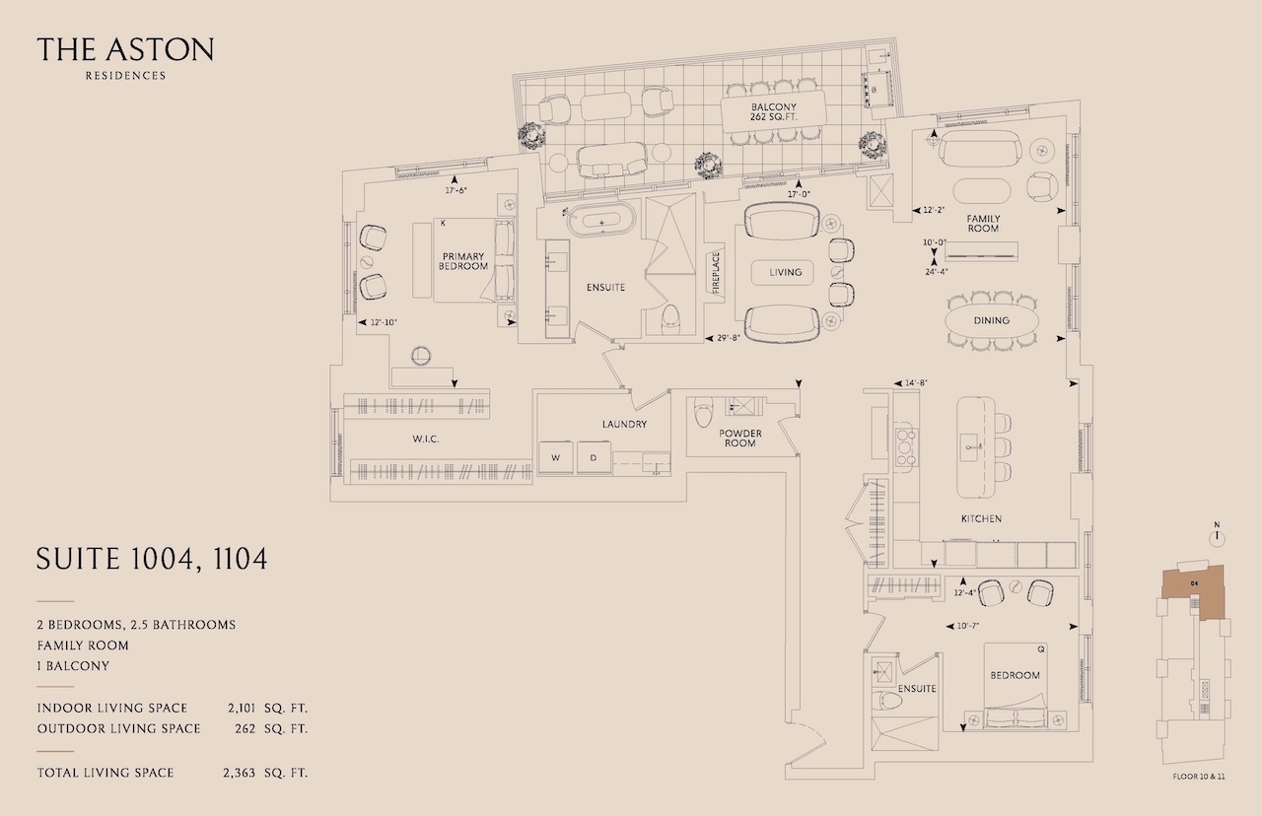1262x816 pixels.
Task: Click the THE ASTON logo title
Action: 125,49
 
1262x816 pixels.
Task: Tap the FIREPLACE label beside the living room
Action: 716,273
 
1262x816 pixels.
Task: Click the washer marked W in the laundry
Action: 555,458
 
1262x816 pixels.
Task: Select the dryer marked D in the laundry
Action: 594,458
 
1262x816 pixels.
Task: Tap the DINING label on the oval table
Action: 992,320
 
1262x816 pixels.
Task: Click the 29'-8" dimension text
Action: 728,338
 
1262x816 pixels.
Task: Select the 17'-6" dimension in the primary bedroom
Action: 456,190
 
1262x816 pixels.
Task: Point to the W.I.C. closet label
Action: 425,440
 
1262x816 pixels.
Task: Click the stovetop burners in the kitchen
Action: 906,447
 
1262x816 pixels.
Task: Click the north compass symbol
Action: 1217,535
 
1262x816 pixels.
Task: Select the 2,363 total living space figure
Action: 239,774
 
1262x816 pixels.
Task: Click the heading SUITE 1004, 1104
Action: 152,559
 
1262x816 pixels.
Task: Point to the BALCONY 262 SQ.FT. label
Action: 774,112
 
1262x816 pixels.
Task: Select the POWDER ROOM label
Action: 740,439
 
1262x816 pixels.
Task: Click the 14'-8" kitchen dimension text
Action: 916,383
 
